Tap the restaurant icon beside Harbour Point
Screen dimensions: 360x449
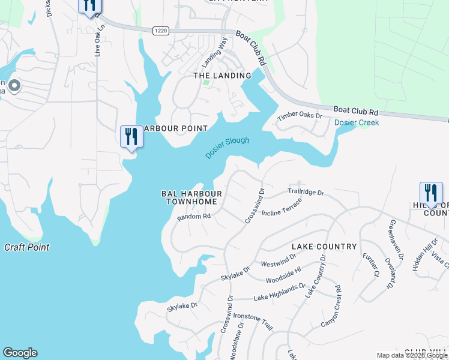(130, 136)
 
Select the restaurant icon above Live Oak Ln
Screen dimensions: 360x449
(89, 5)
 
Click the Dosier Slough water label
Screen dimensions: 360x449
(227, 148)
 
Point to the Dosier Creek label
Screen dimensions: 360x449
(357, 122)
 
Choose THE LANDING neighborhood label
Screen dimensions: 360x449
(222, 76)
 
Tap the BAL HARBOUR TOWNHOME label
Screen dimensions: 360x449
(191, 198)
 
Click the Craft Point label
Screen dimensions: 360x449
(26, 247)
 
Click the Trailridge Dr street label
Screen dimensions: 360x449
(305, 193)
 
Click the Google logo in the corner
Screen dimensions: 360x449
(20, 353)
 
